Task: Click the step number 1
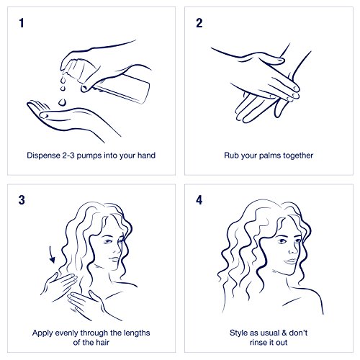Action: [x=22, y=23]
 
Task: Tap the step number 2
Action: [x=199, y=23]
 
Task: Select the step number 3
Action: [x=22, y=200]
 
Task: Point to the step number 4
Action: [x=199, y=200]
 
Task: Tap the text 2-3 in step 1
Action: [x=68, y=156]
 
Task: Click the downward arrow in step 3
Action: [x=52, y=254]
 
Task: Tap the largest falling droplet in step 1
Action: [x=63, y=102]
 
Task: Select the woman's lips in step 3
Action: [x=114, y=260]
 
